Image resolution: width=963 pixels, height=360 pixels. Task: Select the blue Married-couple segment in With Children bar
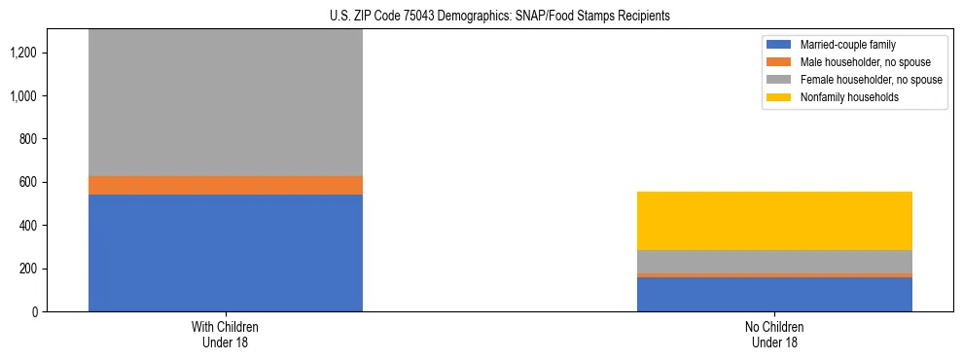pyautogui.click(x=226, y=253)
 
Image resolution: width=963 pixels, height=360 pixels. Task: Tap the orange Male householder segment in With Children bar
pyautogui.click(x=226, y=185)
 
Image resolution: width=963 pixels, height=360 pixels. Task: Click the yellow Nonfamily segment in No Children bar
pyautogui.click(x=774, y=221)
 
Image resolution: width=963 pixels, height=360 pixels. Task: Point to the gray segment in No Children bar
pyautogui.click(x=774, y=262)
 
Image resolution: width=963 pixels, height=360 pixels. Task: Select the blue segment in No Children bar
pyautogui.click(x=774, y=294)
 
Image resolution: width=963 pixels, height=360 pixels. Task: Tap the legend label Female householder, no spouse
pyautogui.click(x=871, y=80)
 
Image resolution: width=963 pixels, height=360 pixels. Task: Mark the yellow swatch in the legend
pyautogui.click(x=780, y=97)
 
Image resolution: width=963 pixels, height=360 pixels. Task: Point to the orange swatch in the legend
pyautogui.click(x=780, y=62)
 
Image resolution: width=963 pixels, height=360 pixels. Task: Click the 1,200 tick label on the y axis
pyautogui.click(x=23, y=53)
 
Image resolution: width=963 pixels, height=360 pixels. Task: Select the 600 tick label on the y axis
pyautogui.click(x=28, y=183)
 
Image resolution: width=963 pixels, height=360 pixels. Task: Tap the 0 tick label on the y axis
pyautogui.click(x=34, y=312)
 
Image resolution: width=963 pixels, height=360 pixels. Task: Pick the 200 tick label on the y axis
pyautogui.click(x=28, y=269)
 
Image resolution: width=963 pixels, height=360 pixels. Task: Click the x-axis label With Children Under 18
pyautogui.click(x=226, y=335)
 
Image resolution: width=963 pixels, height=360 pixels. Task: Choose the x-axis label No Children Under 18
pyautogui.click(x=774, y=335)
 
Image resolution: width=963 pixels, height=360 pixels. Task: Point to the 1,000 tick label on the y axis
pyautogui.click(x=23, y=96)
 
